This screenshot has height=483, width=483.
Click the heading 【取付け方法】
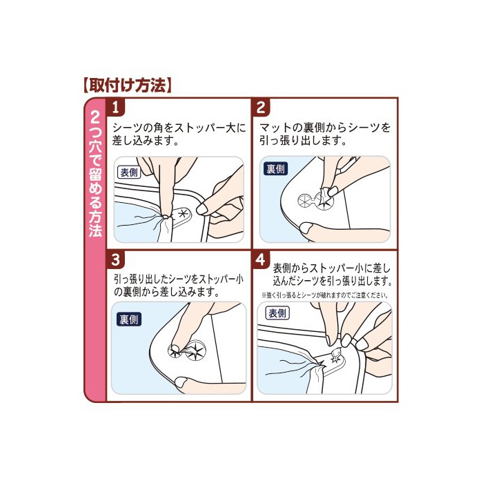pos(127,86)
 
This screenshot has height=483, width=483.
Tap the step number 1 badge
pos(115,108)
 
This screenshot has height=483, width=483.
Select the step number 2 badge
pos(261,108)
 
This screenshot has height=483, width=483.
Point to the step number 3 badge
pos(115,259)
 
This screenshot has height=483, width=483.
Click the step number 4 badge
pos(261,259)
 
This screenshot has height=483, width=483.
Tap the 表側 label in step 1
pos(130,172)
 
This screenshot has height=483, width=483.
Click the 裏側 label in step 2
pos(276,169)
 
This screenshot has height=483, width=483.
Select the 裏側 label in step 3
pos(130,319)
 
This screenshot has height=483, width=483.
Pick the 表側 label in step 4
pos(277,313)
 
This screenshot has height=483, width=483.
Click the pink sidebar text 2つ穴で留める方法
pos(95,175)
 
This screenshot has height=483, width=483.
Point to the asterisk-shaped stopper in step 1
pos(183,213)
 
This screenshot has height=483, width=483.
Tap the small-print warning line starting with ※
pos(324,295)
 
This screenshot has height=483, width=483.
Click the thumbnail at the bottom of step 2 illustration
pos(307,228)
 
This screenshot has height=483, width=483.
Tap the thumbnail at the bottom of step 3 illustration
pos(181,382)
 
